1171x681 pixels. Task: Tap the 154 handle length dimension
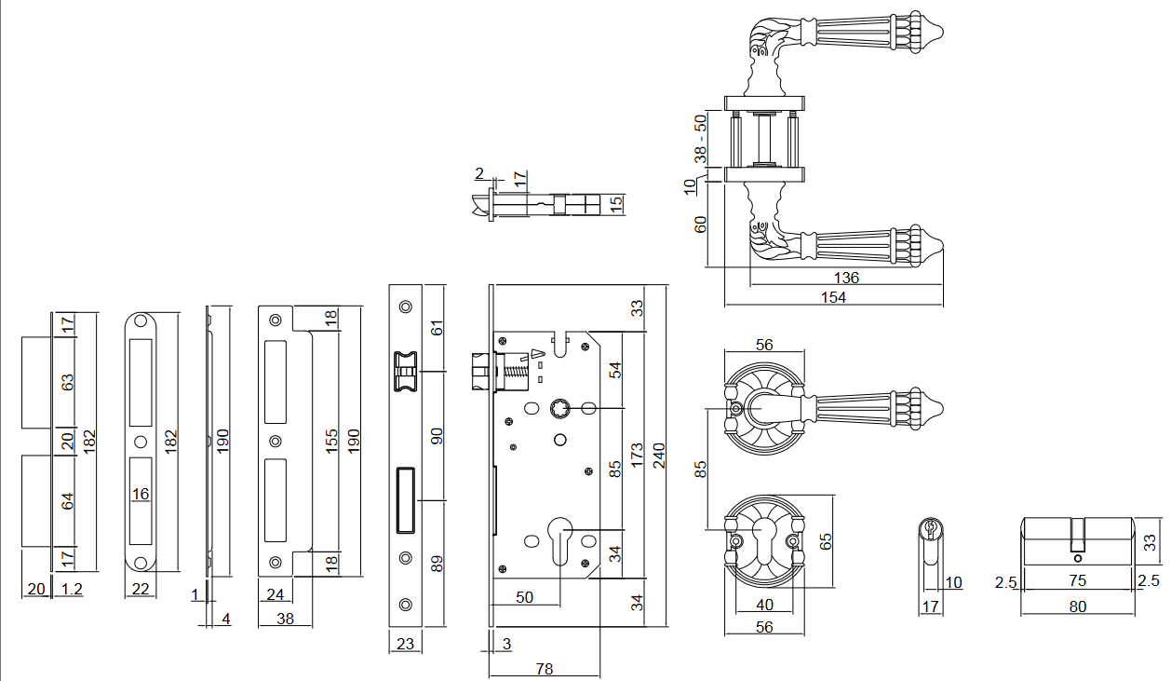pos(833,297)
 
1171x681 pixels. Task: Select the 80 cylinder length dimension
pos(1077,606)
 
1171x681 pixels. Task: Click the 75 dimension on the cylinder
pos(1077,581)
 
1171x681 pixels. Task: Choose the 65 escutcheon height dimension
pos(825,541)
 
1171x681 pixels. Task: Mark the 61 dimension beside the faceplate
pos(438,327)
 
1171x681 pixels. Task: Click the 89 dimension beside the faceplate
pos(438,563)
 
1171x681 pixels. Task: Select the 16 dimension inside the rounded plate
pos(141,493)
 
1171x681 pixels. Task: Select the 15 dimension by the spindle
pos(615,203)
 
